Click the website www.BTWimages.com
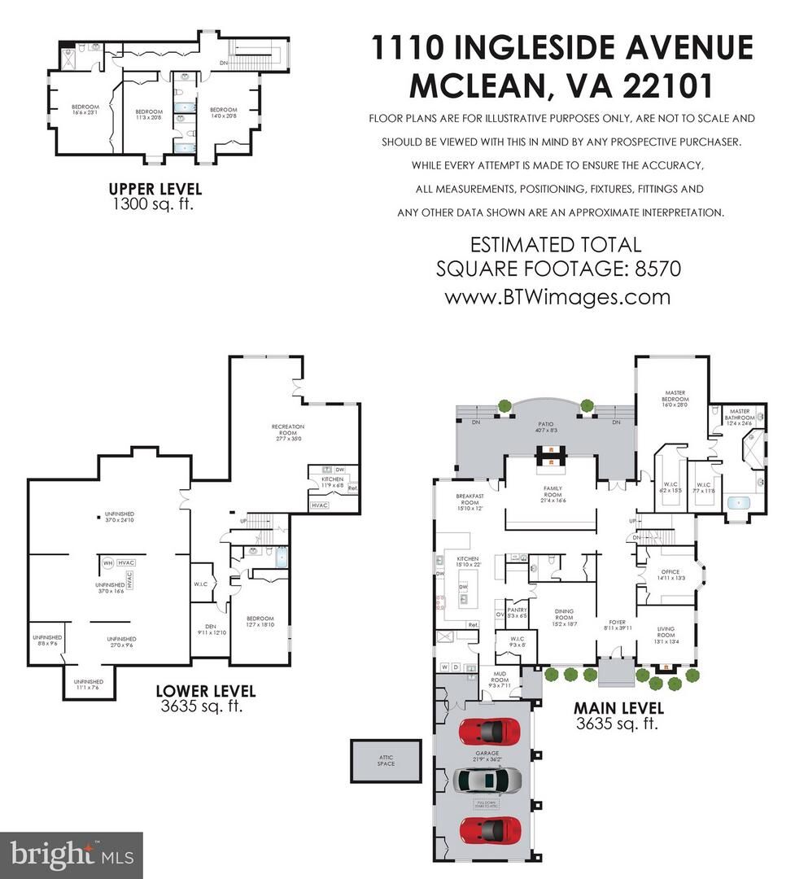coord(557,296)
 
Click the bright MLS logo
coord(71,854)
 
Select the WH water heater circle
coord(107,562)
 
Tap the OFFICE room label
coord(670,575)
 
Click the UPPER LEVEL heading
coord(155,189)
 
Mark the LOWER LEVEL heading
coord(205,692)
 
